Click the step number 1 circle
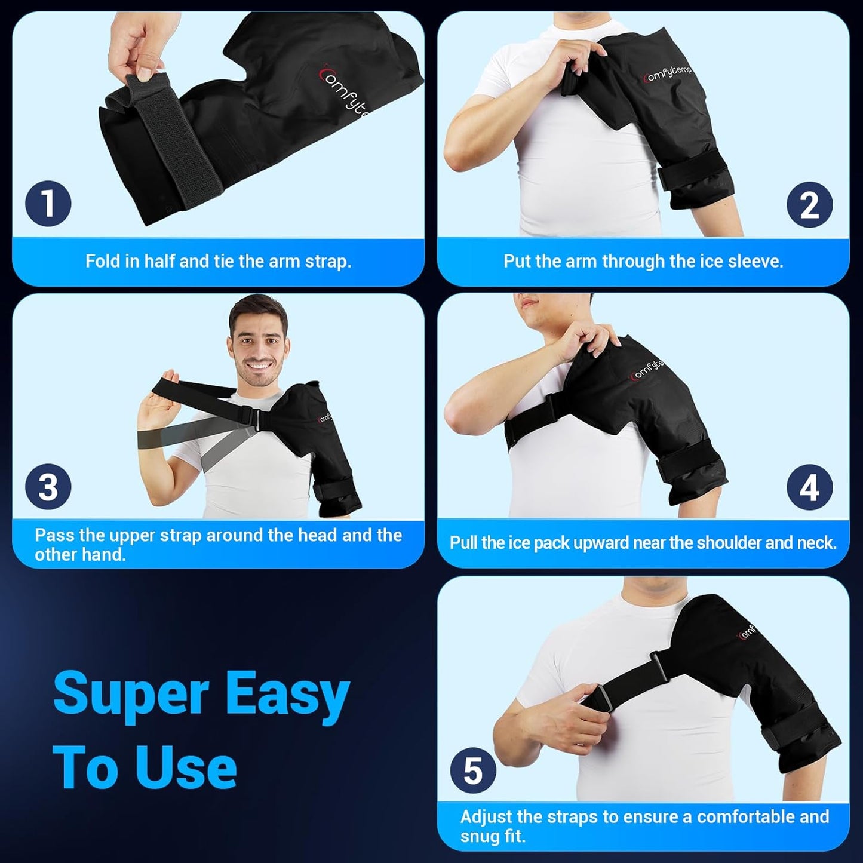pyautogui.click(x=48, y=203)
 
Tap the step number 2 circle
pyautogui.click(x=809, y=205)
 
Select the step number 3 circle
pyautogui.click(x=48, y=487)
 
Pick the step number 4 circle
pyautogui.click(x=809, y=487)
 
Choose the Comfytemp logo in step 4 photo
pyautogui.click(x=647, y=370)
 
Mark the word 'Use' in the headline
pyautogui.click(x=186, y=769)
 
